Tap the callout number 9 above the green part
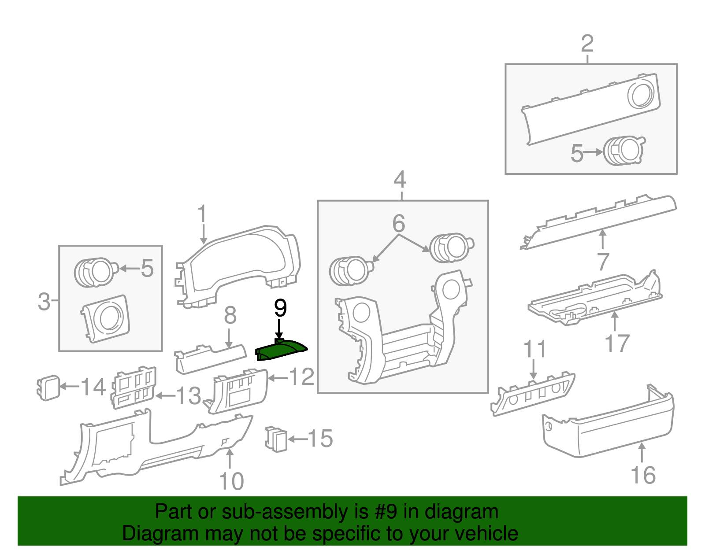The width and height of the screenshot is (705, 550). tap(280, 308)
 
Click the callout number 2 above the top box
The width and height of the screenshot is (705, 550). tap(587, 44)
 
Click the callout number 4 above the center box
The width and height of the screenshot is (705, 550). tap(400, 180)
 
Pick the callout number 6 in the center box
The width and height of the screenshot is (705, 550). tap(399, 224)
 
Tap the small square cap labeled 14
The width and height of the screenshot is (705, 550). tap(48, 388)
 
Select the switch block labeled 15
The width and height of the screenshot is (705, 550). tap(276, 439)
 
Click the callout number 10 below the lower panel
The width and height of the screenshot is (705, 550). tap(231, 481)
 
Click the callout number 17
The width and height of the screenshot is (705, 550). tap(617, 343)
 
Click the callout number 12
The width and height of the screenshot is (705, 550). tap(302, 377)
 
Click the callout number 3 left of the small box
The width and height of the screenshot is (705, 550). tap(44, 302)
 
